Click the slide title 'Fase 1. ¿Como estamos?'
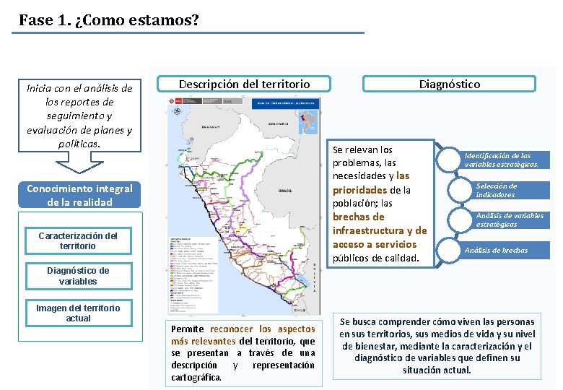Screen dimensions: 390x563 (109, 19)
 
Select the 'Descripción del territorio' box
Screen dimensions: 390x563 (244, 84)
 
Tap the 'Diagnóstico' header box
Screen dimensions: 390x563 (449, 84)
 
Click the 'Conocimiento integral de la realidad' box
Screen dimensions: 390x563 (79, 195)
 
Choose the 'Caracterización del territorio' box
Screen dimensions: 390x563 (78, 240)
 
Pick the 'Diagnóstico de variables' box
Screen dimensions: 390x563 (78, 276)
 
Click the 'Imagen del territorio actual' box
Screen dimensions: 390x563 (78, 313)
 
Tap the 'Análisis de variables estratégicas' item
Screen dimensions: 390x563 (509, 220)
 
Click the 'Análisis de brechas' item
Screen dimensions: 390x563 (496, 250)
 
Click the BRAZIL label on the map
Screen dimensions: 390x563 (284, 191)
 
